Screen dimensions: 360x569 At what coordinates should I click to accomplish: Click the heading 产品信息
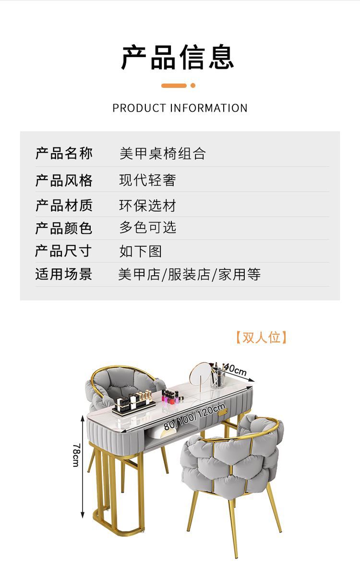point(178,58)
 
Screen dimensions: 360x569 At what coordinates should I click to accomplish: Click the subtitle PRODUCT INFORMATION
point(180,108)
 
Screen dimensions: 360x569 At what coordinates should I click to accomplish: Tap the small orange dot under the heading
point(193,85)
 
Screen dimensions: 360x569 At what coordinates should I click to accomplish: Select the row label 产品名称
point(64,154)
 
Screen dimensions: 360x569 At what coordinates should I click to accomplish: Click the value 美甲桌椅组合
point(162,154)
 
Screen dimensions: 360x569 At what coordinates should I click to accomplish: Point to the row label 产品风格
point(64,181)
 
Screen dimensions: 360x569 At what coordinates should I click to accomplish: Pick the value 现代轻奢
point(148,180)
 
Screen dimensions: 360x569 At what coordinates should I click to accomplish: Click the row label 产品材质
point(64,206)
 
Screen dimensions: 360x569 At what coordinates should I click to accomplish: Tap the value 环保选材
point(148,206)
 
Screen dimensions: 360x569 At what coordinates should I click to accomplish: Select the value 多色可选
point(148,227)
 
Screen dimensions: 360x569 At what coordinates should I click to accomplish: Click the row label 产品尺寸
point(64,251)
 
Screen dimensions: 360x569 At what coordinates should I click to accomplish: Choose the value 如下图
point(141,251)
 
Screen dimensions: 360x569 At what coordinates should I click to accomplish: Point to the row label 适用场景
point(64,274)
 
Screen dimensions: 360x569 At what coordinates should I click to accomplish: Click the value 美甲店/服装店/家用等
point(190,274)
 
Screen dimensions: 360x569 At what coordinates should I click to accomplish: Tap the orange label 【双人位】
point(261,337)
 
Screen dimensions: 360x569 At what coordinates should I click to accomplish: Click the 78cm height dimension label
point(76,455)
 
